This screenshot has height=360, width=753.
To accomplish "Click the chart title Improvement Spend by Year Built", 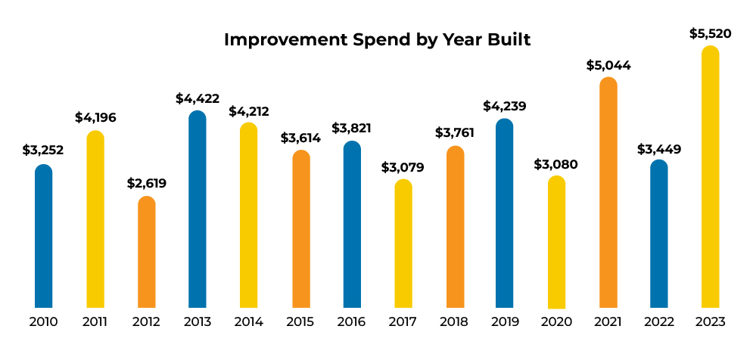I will point(377,40).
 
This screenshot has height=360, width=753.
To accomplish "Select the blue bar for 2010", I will point(44,236).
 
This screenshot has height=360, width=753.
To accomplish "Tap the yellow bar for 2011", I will point(95,219).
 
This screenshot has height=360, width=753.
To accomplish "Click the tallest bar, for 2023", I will point(710,177).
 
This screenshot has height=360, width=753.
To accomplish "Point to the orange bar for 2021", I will point(608,193).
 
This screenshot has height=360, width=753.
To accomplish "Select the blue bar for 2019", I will point(505,213).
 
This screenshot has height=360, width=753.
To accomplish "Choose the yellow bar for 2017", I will point(403,244).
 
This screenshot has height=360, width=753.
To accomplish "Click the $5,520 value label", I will point(711,34).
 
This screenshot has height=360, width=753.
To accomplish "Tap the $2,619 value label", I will point(146,183).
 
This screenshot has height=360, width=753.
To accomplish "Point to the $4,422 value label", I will point(197,98).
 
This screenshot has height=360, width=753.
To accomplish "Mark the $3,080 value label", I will point(556,163).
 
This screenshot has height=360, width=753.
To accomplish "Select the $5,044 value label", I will point(608,65).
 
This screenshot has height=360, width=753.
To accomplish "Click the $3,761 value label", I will point(455,133).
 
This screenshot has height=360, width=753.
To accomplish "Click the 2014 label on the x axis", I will point(248,321).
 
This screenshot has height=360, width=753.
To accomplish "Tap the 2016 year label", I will point(351,321).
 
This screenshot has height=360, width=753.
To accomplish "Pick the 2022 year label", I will point(659,321).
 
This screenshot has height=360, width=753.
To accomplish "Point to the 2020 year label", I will point(556,321).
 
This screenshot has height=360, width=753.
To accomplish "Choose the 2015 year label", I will point(300,321).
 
